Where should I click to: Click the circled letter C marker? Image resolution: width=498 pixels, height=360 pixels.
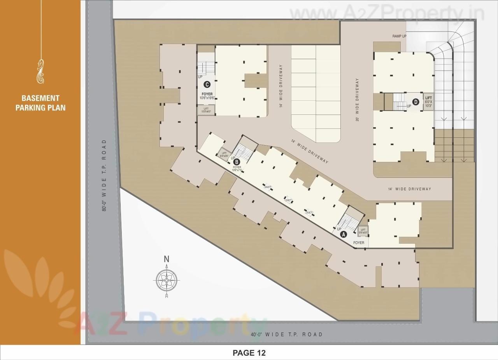(x=207, y=84)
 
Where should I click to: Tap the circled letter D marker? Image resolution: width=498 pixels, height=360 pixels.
(x=416, y=102)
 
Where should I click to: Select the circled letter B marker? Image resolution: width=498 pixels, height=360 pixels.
(x=236, y=162)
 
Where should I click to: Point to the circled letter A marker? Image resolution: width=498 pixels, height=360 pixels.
(x=343, y=234)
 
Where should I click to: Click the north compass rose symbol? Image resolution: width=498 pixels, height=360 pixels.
(x=167, y=279)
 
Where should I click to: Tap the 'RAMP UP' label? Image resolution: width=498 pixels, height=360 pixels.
(x=399, y=36)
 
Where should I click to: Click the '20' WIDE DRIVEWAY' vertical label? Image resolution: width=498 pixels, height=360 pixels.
(x=357, y=100)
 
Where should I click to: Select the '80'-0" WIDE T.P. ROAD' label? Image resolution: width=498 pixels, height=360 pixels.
(x=104, y=175)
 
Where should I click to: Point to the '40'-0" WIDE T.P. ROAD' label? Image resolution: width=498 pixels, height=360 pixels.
(x=286, y=334)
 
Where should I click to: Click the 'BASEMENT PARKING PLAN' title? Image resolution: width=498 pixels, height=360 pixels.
(x=40, y=103)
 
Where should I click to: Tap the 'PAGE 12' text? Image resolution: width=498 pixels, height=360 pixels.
(x=249, y=353)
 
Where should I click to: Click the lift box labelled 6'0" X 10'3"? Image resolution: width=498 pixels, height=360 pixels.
(x=428, y=102)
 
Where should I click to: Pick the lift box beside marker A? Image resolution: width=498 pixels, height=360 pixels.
(x=363, y=231)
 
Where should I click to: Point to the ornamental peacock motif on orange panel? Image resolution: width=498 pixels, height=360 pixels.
(x=40, y=71)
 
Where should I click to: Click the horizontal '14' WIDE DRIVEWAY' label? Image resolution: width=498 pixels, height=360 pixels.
(x=409, y=189)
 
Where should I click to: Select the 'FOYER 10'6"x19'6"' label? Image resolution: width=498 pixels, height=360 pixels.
(x=207, y=96)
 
